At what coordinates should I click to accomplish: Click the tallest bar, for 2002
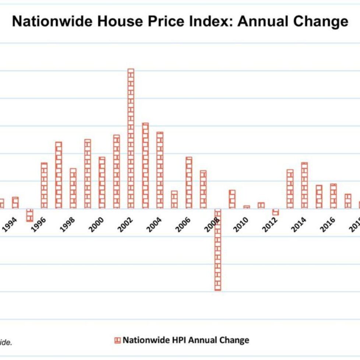click(131, 138)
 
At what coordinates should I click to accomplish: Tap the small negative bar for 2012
click(276, 212)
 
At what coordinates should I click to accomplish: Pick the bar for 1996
click(44, 186)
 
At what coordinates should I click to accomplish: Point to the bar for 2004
click(160, 170)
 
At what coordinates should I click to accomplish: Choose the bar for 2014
click(304, 186)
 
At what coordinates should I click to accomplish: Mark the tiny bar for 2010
click(247, 207)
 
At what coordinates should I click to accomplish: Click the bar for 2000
click(102, 183)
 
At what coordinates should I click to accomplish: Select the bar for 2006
click(189, 183)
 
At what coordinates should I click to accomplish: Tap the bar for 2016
click(333, 196)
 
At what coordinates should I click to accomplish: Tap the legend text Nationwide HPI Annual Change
click(186, 340)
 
